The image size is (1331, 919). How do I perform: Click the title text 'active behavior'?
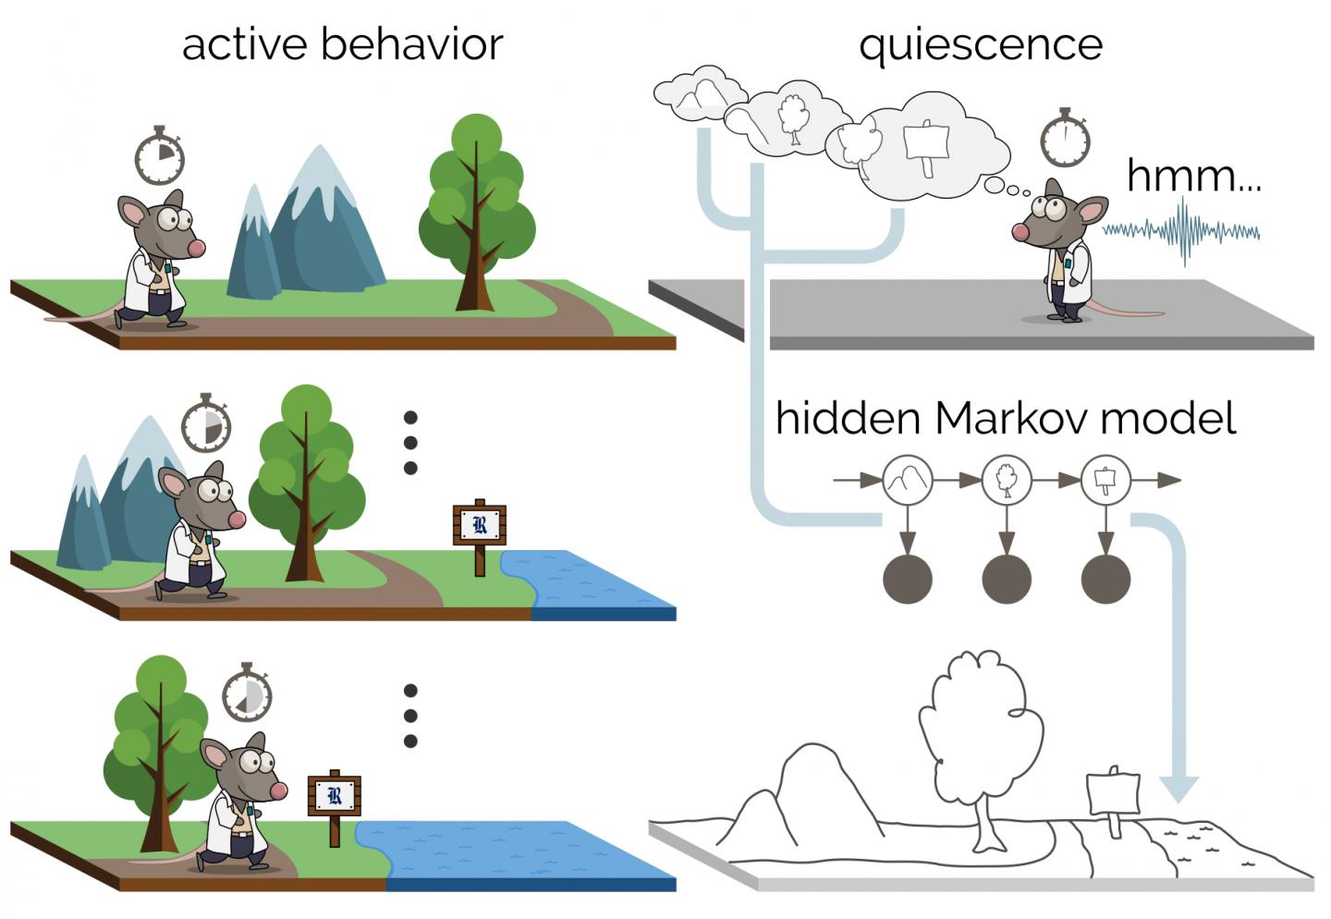click(342, 44)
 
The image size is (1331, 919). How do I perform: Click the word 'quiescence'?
click(981, 44)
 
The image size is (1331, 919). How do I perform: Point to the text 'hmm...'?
click(1193, 175)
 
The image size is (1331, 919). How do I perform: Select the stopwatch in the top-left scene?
click(159, 157)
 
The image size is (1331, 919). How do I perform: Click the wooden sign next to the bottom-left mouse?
click(334, 797)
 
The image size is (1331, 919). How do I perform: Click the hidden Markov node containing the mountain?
click(908, 480)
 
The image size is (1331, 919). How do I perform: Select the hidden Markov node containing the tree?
click(1007, 480)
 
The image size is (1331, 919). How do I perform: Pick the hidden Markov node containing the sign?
click(1105, 480)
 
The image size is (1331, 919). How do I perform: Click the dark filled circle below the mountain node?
click(908, 579)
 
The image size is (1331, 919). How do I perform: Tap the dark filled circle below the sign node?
click(1105, 579)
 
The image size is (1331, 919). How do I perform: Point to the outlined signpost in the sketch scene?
click(1112, 793)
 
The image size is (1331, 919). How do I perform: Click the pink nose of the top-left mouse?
click(196, 248)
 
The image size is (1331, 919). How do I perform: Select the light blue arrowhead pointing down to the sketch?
click(1178, 789)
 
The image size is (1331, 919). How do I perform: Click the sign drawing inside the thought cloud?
click(926, 144)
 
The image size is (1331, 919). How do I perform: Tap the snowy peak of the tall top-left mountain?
click(320, 171)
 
